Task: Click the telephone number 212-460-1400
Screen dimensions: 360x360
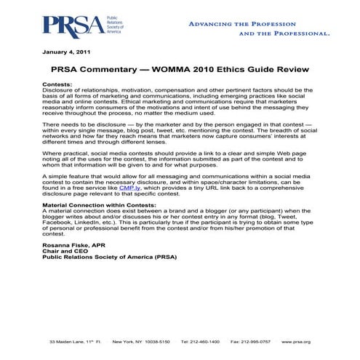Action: pyautogui.click(x=200, y=341)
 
